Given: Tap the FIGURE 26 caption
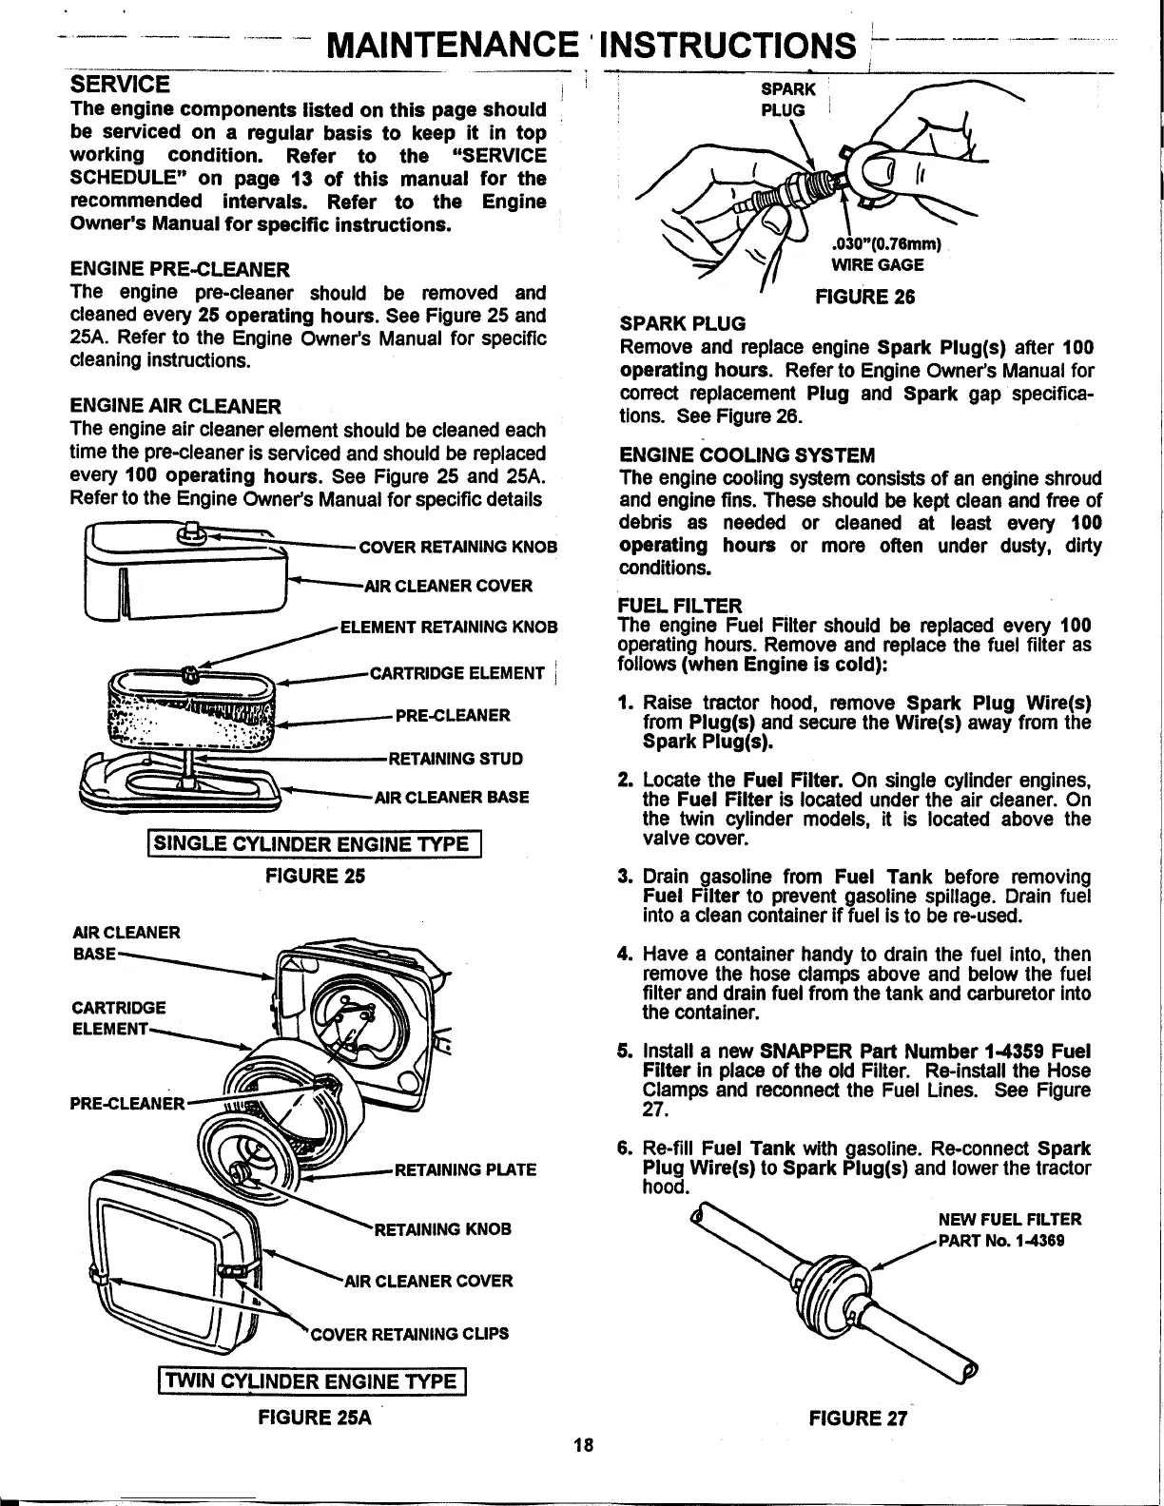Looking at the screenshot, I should coord(864,297).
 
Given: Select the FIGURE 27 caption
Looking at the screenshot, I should coord(858,1420).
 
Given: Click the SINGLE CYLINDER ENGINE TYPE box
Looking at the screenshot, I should coord(315,844).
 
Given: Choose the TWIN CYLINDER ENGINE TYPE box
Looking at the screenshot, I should coord(313,1381).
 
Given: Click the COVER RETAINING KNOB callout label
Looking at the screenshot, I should coord(456,548).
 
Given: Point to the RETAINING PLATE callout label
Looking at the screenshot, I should coord(465,1170).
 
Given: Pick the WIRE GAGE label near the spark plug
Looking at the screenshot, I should coord(877,265).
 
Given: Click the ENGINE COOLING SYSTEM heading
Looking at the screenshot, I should coord(747,454).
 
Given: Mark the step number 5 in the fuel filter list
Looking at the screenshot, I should coord(625,1052).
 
